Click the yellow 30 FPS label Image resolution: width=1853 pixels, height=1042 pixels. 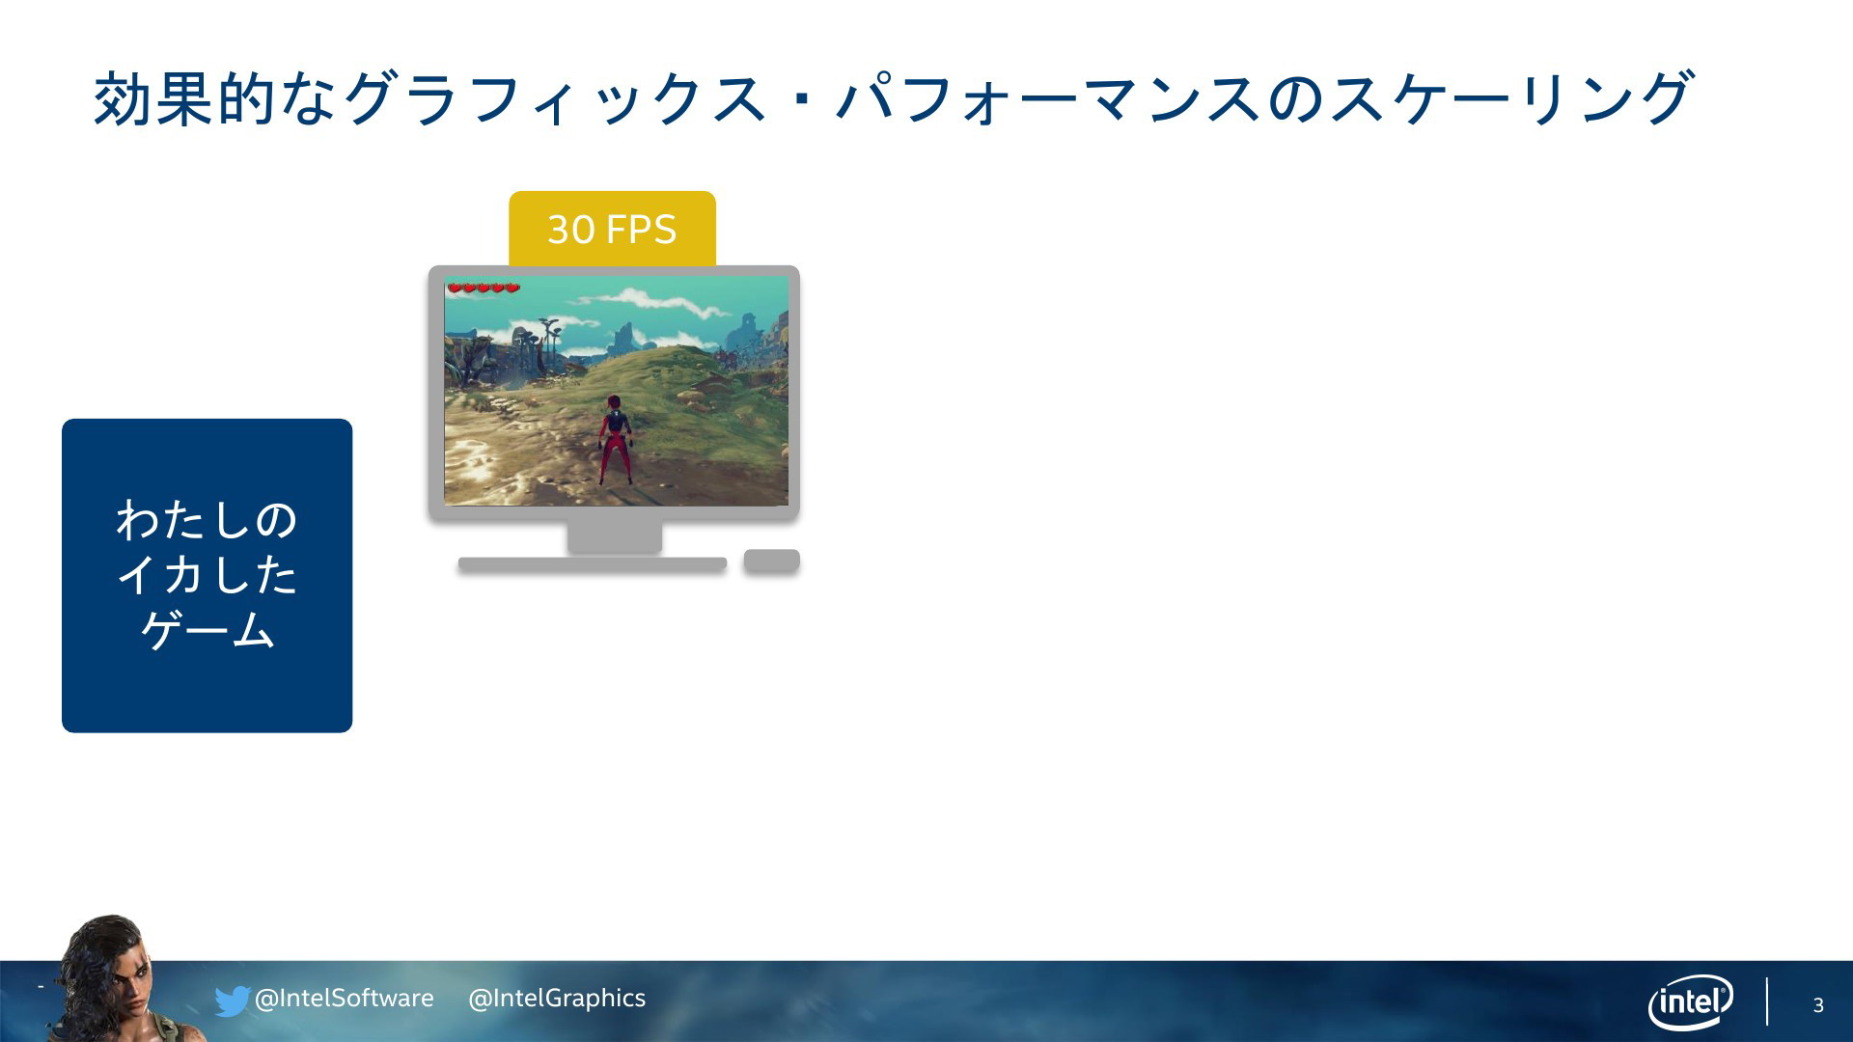(x=612, y=229)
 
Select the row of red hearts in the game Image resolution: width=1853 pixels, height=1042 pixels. (x=484, y=288)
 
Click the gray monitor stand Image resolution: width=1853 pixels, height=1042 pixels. (x=614, y=536)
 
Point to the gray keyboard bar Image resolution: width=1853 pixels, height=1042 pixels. (x=593, y=564)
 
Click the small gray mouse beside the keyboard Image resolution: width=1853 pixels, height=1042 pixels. (x=771, y=561)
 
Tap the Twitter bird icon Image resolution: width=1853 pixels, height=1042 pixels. (x=233, y=1001)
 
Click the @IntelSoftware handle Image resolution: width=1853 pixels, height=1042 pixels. (x=344, y=999)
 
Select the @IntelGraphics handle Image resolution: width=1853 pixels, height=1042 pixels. (x=557, y=999)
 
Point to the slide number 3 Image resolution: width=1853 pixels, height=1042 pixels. (x=1818, y=1005)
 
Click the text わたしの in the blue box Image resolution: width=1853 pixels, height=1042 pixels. (x=207, y=520)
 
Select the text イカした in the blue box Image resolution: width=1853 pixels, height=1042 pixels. (x=207, y=575)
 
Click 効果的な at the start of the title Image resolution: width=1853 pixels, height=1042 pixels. (x=215, y=98)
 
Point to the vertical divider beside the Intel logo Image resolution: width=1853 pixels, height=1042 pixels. (x=1767, y=1001)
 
